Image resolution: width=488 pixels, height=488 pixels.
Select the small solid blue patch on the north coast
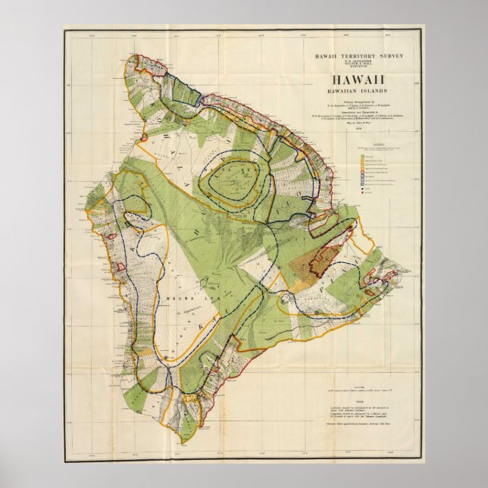pyautogui.click(x=199, y=98)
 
